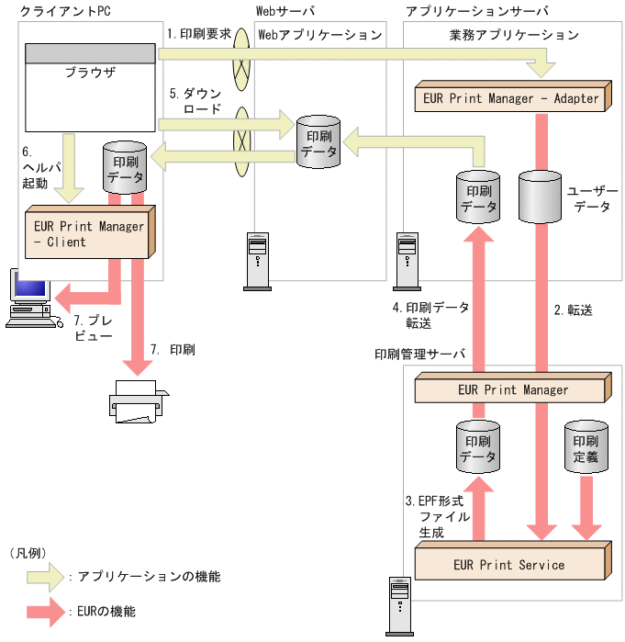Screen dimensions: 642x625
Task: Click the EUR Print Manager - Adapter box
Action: tap(511, 97)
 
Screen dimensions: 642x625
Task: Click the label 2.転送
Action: tap(574, 310)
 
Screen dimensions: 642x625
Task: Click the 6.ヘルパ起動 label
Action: tap(37, 166)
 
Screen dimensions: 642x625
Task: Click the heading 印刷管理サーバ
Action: tap(419, 354)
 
